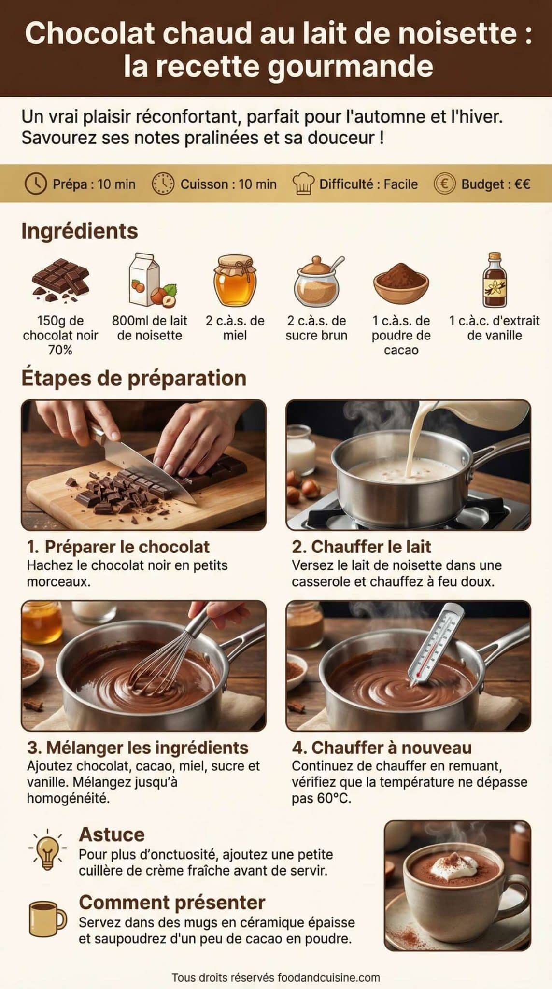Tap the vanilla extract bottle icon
[x=495, y=280]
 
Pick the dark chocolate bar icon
[x=60, y=280]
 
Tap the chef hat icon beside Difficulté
[x=303, y=184]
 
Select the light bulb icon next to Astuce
[x=47, y=849]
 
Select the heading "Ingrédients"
[x=80, y=231]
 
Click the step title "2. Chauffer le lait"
[x=361, y=547]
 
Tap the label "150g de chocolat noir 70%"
[x=60, y=335]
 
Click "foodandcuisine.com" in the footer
[x=328, y=977]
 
